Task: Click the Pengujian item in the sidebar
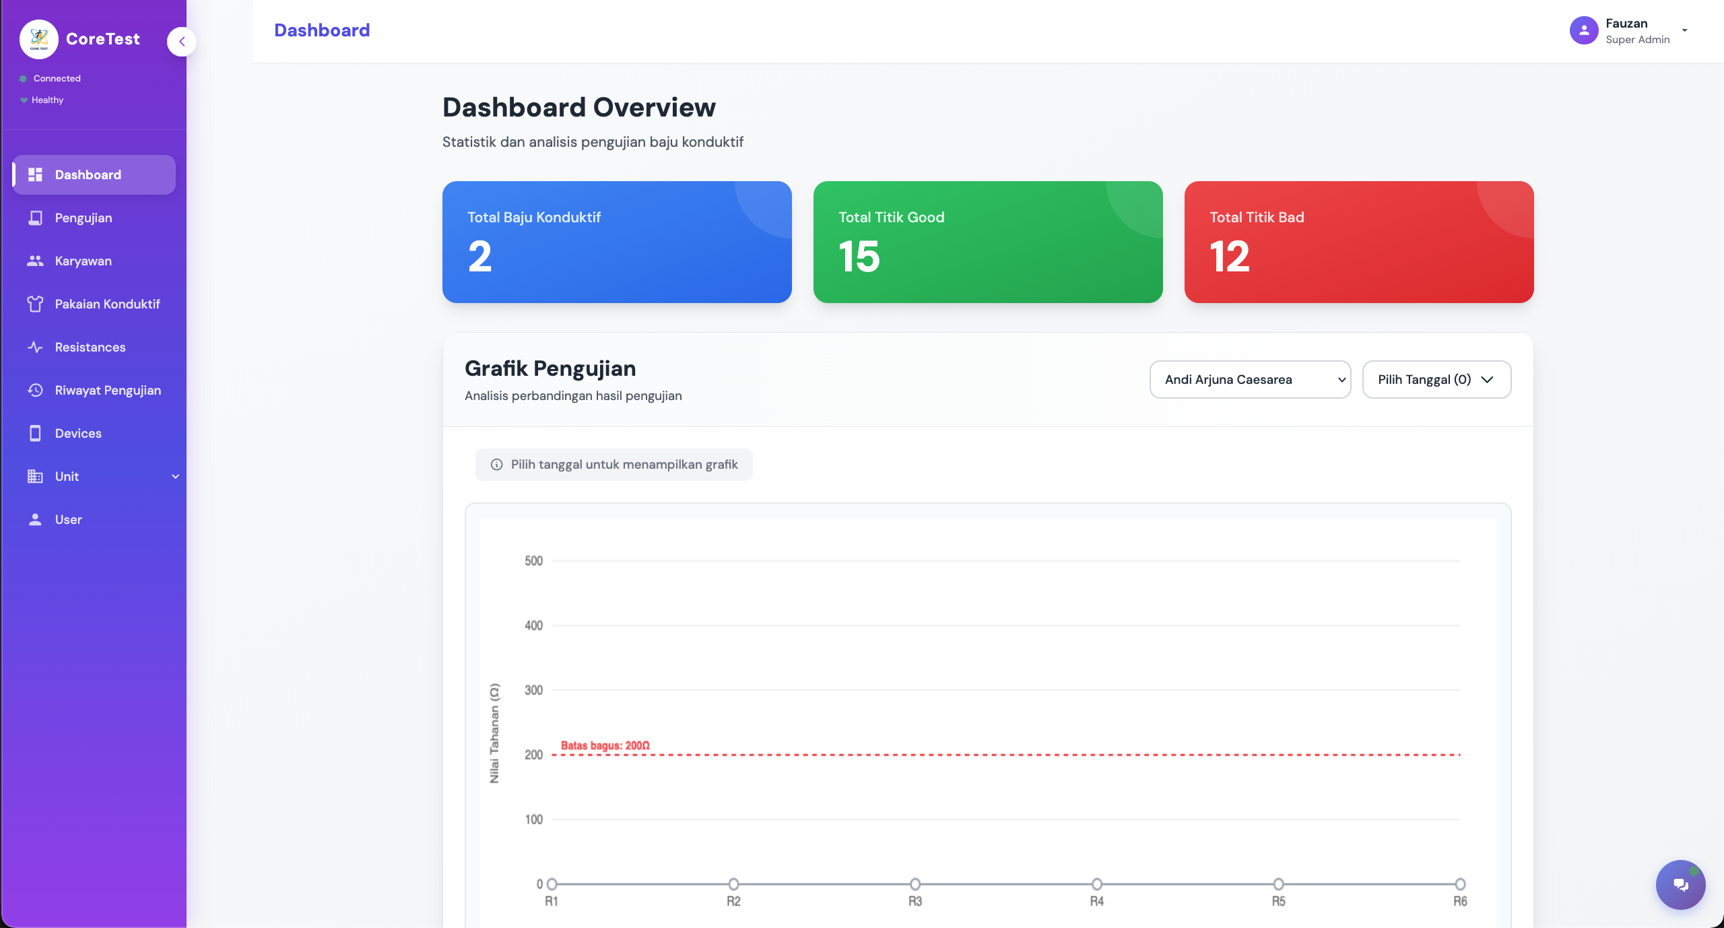(x=83, y=218)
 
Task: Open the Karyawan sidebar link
(x=83, y=261)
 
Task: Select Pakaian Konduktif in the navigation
(x=107, y=304)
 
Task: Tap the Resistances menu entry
(x=90, y=347)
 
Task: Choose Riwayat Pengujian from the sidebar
(x=108, y=391)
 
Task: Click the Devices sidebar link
(x=78, y=434)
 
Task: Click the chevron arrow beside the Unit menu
(x=176, y=477)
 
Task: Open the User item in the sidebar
(x=68, y=520)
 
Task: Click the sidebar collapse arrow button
(x=182, y=42)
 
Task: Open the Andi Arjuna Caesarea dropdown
(x=1250, y=380)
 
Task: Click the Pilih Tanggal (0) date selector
(x=1436, y=380)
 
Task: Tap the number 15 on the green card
(x=859, y=257)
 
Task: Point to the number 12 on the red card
(x=1230, y=257)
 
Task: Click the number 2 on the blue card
(x=480, y=257)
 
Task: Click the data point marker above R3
(x=915, y=884)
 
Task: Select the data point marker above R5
(x=1278, y=884)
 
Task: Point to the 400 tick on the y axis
(x=533, y=626)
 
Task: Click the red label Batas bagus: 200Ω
(x=605, y=745)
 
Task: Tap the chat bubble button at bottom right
(x=1680, y=885)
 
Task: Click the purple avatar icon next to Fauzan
(x=1584, y=30)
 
